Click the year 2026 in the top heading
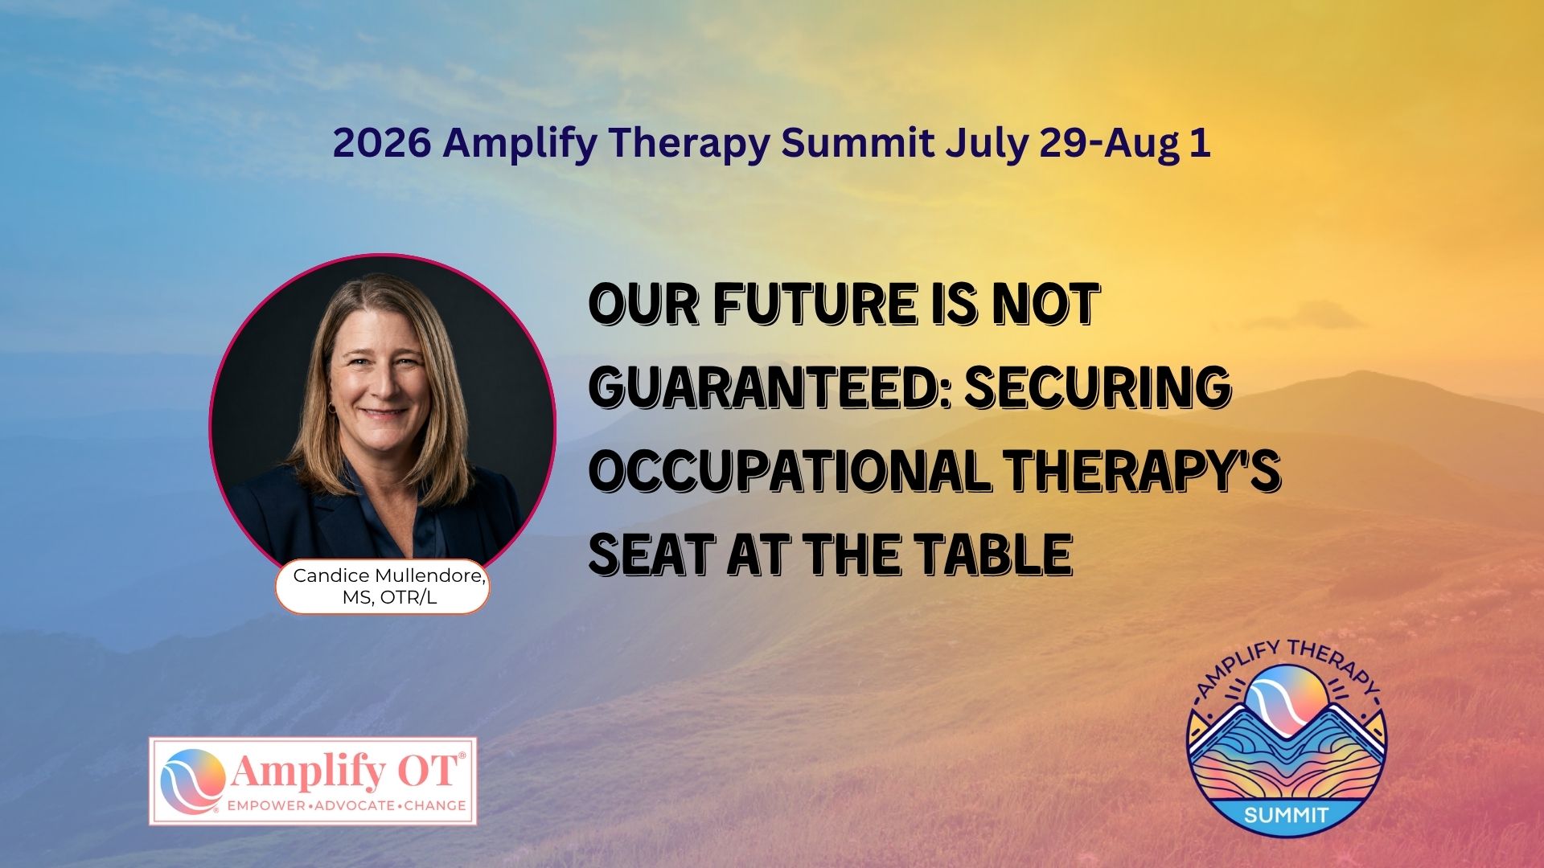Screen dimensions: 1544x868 click(382, 143)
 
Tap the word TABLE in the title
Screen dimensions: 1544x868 click(996, 554)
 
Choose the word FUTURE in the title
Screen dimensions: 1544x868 click(815, 303)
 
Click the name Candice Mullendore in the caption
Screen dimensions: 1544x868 click(390, 575)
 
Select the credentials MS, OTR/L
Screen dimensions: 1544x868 click(390, 598)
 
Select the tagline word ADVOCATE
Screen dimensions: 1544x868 click(353, 805)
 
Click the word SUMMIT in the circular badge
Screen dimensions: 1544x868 click(1287, 816)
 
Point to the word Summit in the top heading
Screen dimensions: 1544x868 click(857, 143)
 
